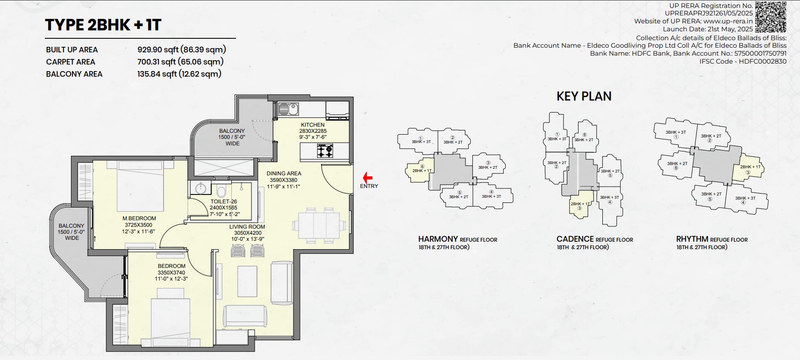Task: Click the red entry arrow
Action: [367, 177]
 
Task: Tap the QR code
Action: [771, 16]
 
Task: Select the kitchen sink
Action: [288, 109]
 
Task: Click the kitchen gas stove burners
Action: [325, 151]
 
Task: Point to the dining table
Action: [319, 225]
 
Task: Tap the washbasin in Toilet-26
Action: [201, 187]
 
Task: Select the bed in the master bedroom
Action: [141, 186]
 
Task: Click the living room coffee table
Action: [247, 281]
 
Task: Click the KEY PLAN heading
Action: [584, 96]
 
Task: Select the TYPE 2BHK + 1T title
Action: [103, 25]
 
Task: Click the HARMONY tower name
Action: [438, 239]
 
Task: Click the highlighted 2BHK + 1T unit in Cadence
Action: [579, 205]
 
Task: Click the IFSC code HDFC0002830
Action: [763, 61]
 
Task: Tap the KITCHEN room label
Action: [313, 125]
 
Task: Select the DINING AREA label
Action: [284, 173]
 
